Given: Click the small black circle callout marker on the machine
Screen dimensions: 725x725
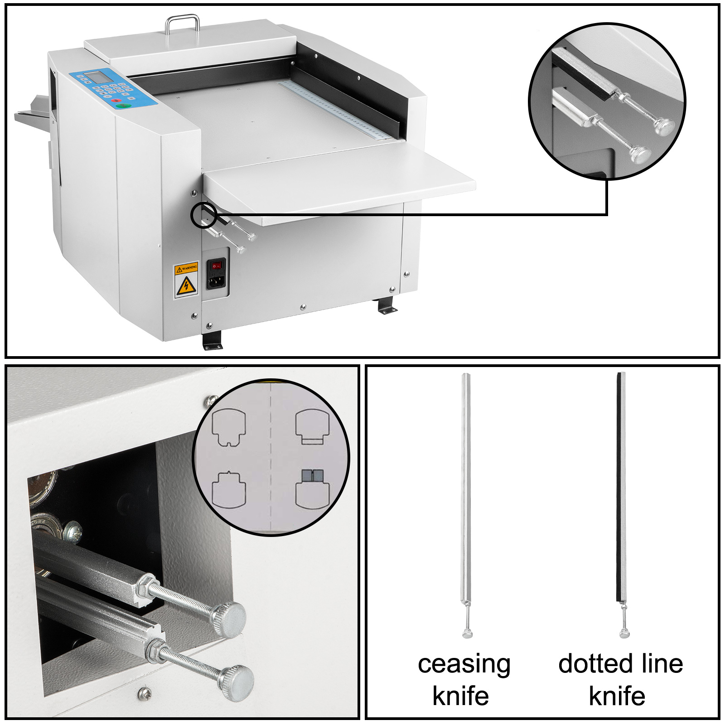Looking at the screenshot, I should (x=203, y=215).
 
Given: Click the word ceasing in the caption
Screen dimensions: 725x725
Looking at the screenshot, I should (x=464, y=665).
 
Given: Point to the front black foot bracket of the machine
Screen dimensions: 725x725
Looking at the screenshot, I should (x=212, y=340).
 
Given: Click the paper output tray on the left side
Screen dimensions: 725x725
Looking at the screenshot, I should (x=32, y=113).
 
